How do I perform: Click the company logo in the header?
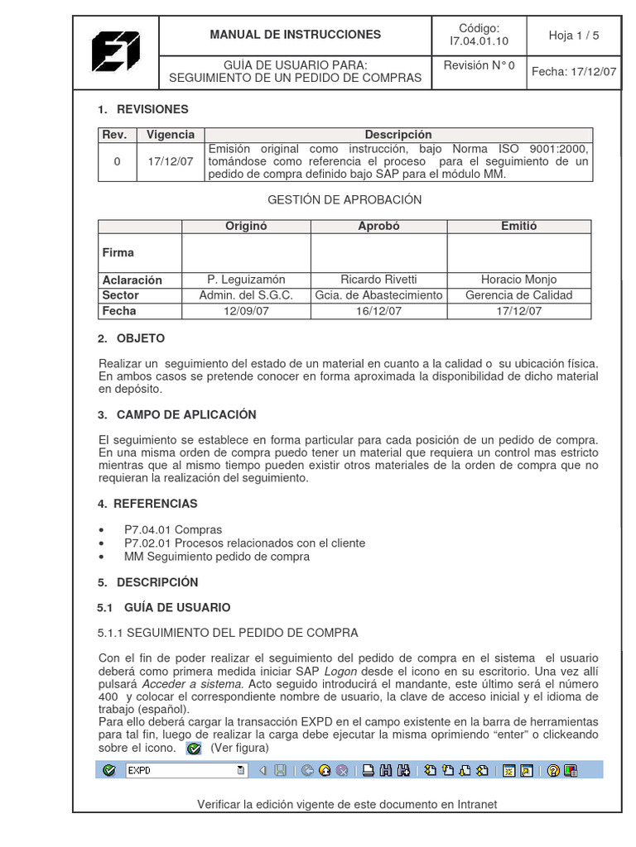tap(116, 50)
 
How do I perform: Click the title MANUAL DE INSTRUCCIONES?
tap(295, 35)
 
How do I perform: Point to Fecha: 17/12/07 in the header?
tap(574, 71)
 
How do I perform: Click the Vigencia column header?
tap(170, 135)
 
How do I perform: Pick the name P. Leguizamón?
tap(246, 280)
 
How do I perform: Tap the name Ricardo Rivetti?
tap(378, 280)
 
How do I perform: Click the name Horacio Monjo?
tap(518, 280)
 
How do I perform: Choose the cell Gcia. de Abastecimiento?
tap(378, 295)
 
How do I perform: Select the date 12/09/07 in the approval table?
tap(246, 311)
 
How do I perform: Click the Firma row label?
tap(118, 252)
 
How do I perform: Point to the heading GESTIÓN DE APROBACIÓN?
tap(344, 200)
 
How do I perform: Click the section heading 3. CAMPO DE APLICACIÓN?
tap(177, 415)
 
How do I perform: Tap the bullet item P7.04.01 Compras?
tap(173, 529)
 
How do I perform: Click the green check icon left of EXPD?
tap(108, 771)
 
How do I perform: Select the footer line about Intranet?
tap(347, 805)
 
